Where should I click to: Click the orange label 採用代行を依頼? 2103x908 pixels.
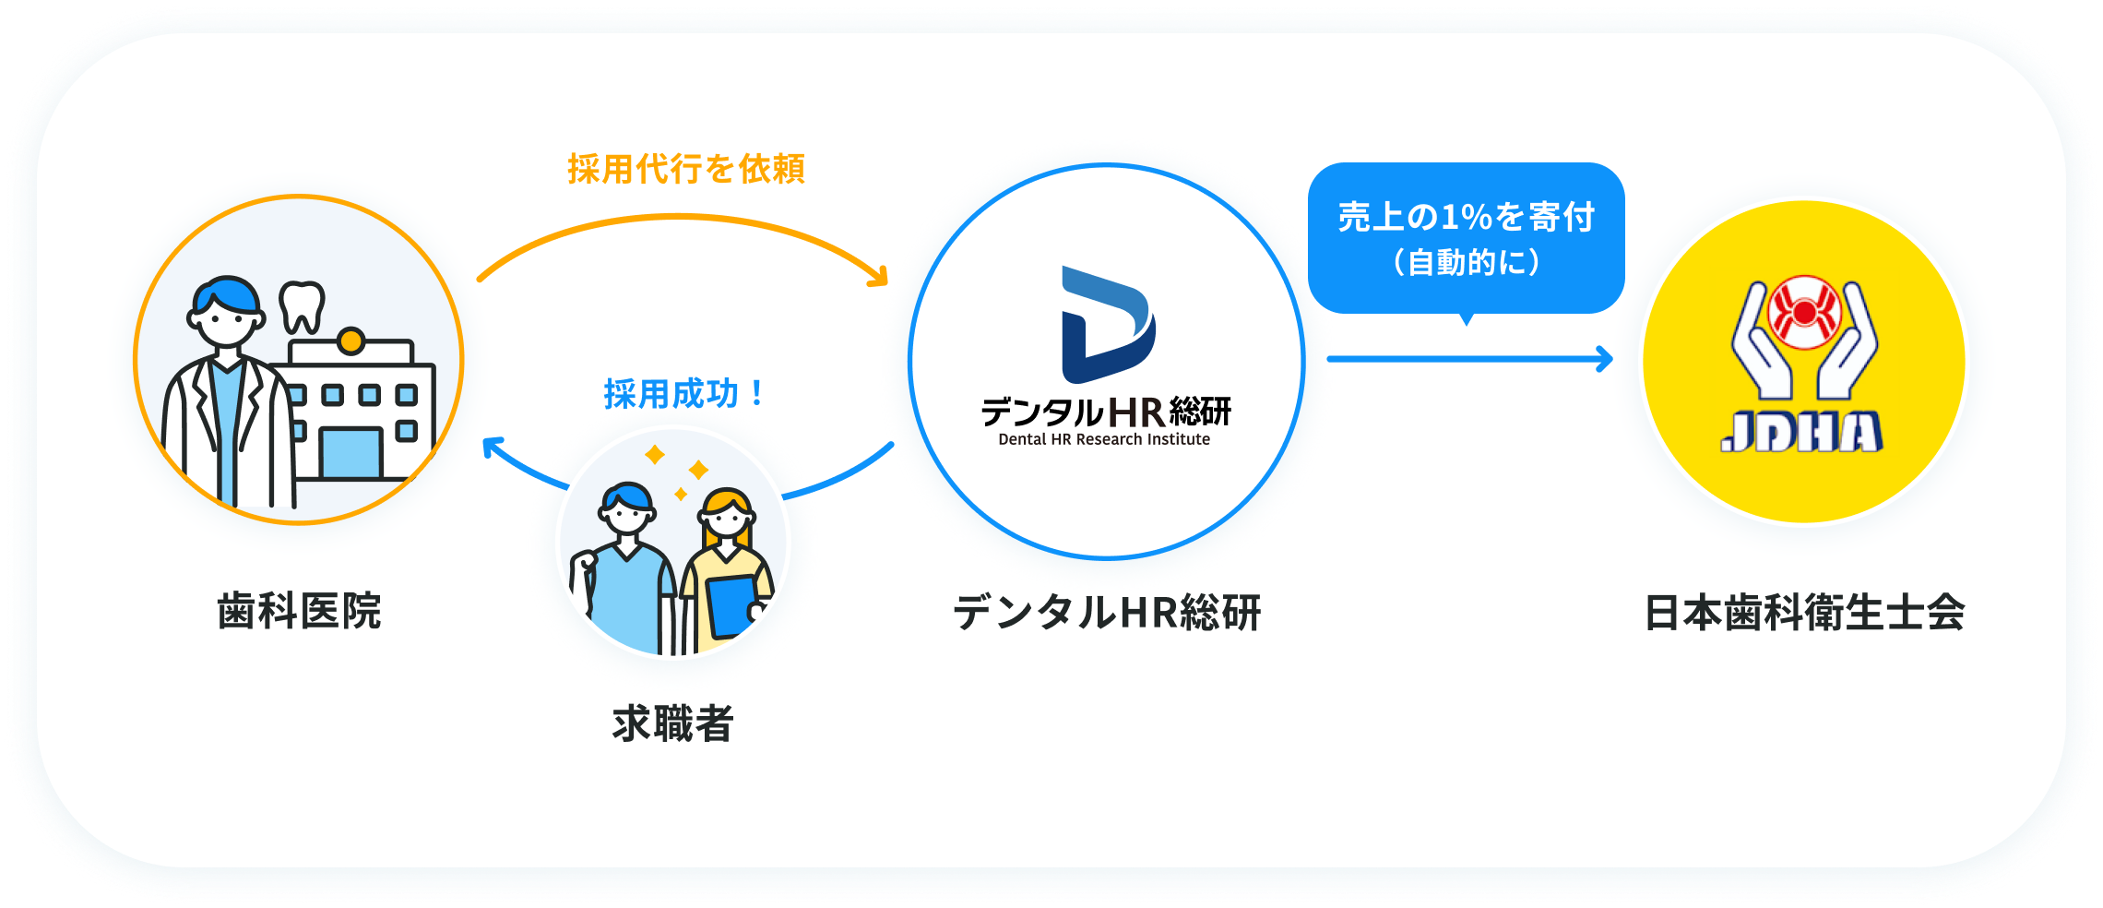pos(686,169)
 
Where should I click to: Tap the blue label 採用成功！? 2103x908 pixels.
pos(683,394)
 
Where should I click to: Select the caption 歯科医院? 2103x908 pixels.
pos(299,611)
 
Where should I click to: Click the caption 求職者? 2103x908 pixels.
pos(672,723)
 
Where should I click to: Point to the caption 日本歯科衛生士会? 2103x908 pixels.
pos(1805,612)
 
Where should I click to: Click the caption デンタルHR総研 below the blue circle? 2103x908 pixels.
pos(1107,612)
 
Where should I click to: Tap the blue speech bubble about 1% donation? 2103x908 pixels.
pos(1467,239)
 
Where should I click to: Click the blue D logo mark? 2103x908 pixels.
pos(1108,324)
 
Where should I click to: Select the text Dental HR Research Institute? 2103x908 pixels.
pos(1104,439)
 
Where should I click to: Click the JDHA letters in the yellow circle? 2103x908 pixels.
pos(1802,432)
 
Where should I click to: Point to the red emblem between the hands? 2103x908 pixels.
pos(1805,313)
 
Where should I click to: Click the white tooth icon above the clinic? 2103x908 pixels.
pos(303,306)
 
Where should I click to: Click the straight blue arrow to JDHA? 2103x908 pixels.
pos(1470,359)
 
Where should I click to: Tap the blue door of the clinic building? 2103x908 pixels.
pos(350,453)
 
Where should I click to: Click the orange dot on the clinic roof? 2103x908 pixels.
pos(350,341)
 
